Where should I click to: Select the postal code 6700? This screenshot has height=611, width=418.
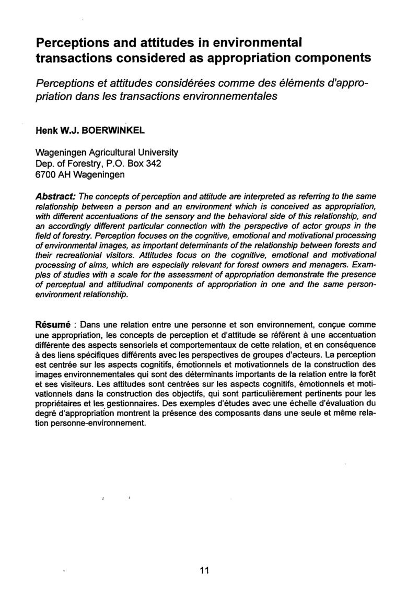pos(45,174)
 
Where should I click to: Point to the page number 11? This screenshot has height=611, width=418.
pos(204,570)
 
